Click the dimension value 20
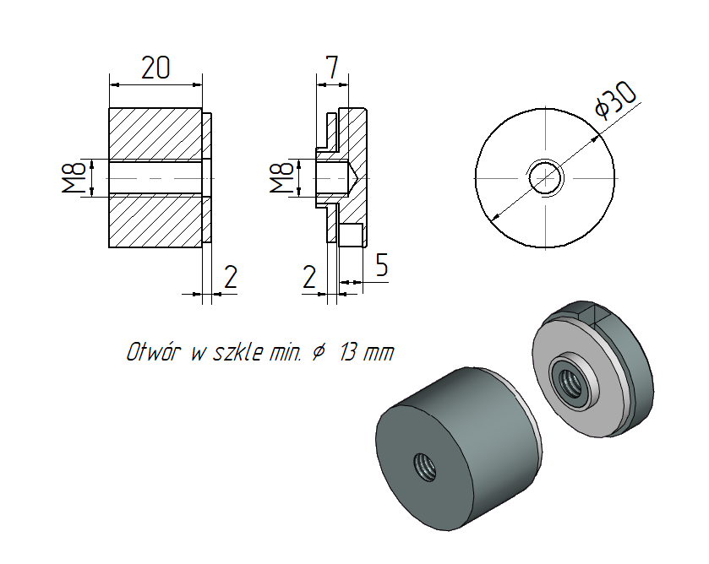tap(155, 68)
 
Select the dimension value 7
tap(333, 68)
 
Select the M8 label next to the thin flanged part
tap(281, 177)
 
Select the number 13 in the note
tap(346, 353)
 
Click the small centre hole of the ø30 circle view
tap(545, 177)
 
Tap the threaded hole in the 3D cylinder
tap(424, 465)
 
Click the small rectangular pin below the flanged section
tap(352, 234)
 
